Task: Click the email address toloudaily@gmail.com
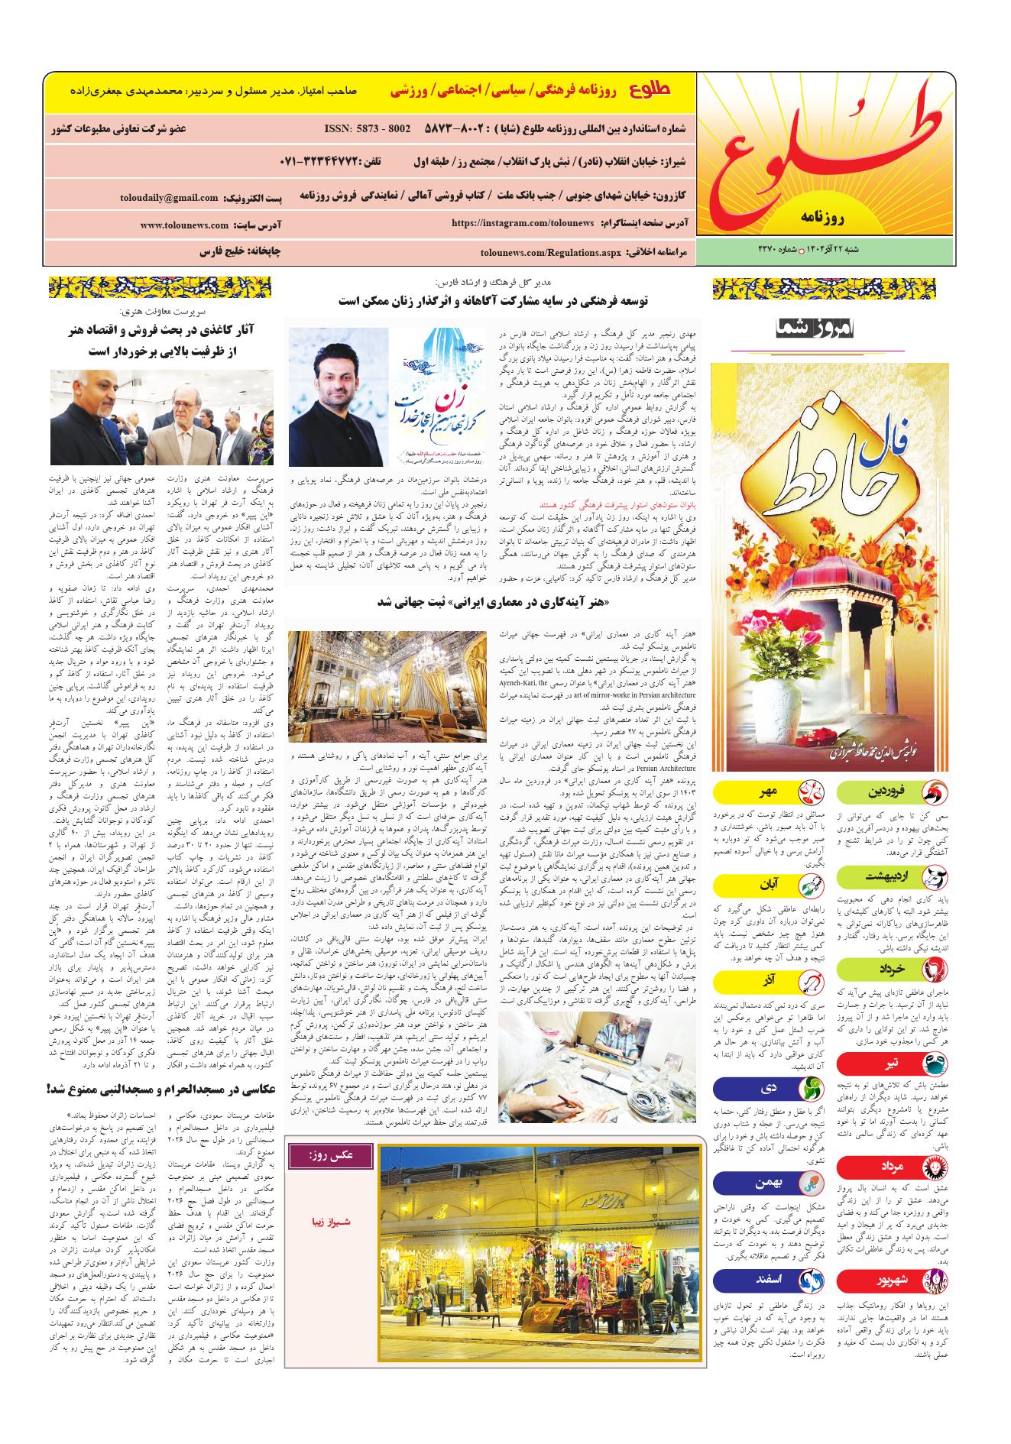(x=169, y=197)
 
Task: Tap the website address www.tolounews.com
(x=185, y=225)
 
